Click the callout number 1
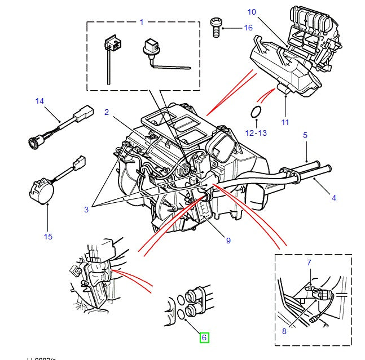[x=142, y=22]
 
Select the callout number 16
[x=248, y=27]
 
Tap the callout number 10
[x=251, y=12]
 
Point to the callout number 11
[x=285, y=122]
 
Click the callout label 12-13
[x=255, y=132]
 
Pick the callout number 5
[x=305, y=135]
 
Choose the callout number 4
[x=333, y=198]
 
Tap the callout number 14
[x=38, y=101]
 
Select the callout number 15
[x=48, y=236]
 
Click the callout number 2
[x=106, y=112]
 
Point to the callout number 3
[x=86, y=210]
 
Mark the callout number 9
[x=228, y=241]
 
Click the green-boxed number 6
[x=204, y=338]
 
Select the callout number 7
[x=309, y=263]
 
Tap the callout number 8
[x=284, y=331]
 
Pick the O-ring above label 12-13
[x=256, y=112]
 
